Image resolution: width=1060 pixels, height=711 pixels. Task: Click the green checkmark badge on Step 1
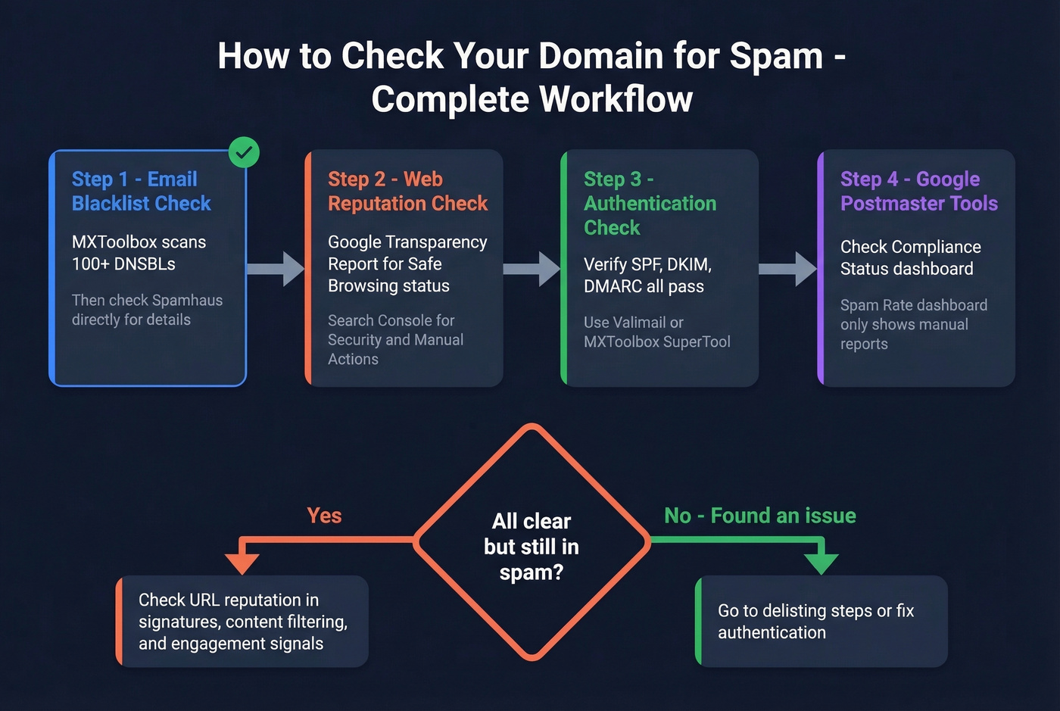tap(244, 152)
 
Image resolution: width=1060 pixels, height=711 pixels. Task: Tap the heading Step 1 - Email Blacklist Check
tap(141, 191)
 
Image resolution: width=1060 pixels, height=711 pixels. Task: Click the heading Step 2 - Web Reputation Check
tap(407, 191)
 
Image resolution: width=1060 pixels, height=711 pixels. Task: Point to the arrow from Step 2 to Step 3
tap(532, 269)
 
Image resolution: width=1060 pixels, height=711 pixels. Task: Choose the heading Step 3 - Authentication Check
tap(650, 203)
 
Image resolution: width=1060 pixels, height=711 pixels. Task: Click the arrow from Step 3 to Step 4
tap(787, 269)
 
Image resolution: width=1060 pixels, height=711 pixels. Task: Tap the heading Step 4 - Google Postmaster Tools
tap(918, 191)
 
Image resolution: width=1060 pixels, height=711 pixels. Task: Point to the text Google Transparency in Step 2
tap(407, 242)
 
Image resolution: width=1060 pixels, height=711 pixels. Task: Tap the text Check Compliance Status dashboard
tap(909, 257)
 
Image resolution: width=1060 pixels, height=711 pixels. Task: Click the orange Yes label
tap(324, 516)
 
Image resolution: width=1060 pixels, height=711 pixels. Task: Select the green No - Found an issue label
tap(759, 516)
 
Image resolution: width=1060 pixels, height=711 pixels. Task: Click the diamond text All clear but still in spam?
tap(531, 546)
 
